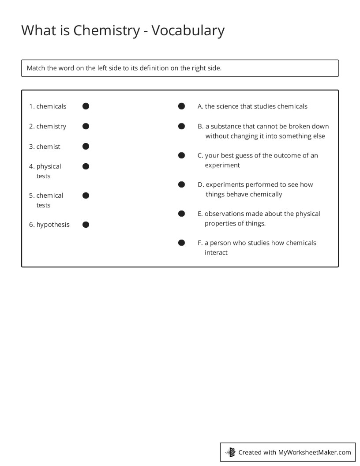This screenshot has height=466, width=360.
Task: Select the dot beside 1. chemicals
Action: [86, 106]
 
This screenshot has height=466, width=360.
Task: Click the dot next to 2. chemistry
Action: [86, 126]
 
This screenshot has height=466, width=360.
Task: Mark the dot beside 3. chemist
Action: [86, 146]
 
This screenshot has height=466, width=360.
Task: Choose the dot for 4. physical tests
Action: [86, 166]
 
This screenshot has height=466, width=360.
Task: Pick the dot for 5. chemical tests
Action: [86, 195]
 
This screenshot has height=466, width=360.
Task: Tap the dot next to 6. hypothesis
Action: [86, 225]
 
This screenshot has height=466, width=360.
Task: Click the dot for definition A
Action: [181, 106]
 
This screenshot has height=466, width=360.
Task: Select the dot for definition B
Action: [181, 126]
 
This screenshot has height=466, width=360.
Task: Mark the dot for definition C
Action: [181, 155]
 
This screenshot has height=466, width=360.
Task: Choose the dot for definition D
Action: [181, 184]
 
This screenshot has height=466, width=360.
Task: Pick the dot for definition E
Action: [181, 214]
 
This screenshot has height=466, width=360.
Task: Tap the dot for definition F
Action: [181, 243]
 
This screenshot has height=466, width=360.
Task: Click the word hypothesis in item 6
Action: [53, 225]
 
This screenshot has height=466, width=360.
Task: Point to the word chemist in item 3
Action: [49, 147]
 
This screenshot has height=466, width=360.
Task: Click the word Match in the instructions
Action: [36, 68]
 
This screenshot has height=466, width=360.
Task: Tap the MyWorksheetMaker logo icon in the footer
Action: [230, 452]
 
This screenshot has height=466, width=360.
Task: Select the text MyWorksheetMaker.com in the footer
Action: [315, 452]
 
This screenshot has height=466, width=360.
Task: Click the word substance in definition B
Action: [225, 126]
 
